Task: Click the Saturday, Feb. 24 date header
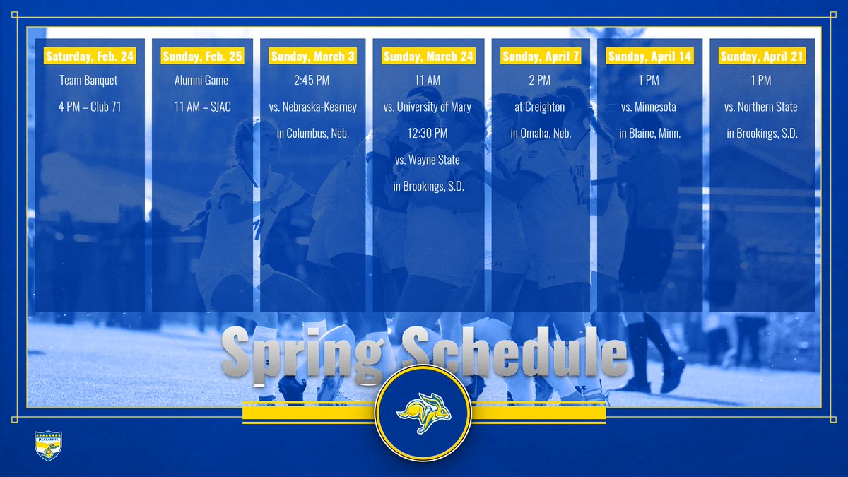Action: click(x=89, y=56)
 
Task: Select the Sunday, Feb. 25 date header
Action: click(x=201, y=56)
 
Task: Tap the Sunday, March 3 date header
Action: click(x=312, y=56)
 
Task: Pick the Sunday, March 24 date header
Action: click(x=428, y=56)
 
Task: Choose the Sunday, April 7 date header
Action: click(x=541, y=56)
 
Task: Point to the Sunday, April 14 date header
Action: click(x=649, y=56)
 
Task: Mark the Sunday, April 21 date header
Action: click(x=762, y=56)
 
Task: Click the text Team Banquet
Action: click(x=89, y=81)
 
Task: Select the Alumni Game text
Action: click(x=201, y=81)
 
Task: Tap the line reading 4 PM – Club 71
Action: click(x=89, y=107)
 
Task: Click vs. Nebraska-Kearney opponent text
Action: click(x=312, y=107)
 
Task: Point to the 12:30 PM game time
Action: click(x=428, y=134)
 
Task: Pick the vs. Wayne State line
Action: click(x=428, y=160)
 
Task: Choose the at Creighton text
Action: click(x=541, y=107)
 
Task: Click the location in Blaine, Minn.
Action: click(x=649, y=134)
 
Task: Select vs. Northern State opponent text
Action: click(x=762, y=107)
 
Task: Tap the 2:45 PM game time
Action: click(x=312, y=81)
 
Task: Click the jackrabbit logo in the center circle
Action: click(x=423, y=412)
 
